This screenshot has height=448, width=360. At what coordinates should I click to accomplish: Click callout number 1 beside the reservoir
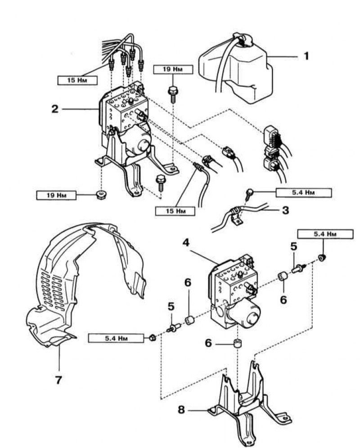pyautogui.click(x=306, y=56)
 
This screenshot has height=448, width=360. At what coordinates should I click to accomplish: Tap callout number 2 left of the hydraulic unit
pyautogui.click(x=54, y=108)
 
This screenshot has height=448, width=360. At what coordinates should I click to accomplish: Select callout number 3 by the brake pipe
pyautogui.click(x=285, y=211)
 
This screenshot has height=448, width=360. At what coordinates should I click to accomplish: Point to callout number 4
pyautogui.click(x=186, y=242)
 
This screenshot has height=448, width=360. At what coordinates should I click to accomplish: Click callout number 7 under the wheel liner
pyautogui.click(x=58, y=380)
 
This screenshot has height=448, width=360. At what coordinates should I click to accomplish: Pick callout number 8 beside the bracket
pyautogui.click(x=181, y=410)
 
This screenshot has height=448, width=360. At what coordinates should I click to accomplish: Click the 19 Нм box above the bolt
pyautogui.click(x=173, y=69)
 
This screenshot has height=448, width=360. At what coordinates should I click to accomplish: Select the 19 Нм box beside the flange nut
pyautogui.click(x=56, y=195)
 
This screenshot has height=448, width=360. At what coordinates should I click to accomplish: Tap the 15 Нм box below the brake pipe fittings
pyautogui.click(x=77, y=80)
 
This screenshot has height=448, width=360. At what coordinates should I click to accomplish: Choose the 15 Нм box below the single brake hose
pyautogui.click(x=175, y=211)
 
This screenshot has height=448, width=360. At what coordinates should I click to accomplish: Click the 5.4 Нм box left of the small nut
pyautogui.click(x=116, y=338)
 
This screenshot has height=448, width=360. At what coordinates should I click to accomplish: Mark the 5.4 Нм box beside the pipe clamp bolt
pyautogui.click(x=303, y=193)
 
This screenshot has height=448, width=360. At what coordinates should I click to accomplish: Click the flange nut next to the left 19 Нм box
pyautogui.click(x=100, y=195)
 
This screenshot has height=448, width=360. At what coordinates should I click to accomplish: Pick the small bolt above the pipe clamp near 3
pyautogui.click(x=249, y=194)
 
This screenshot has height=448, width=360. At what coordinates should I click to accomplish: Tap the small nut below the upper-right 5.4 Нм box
pyautogui.click(x=322, y=258)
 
